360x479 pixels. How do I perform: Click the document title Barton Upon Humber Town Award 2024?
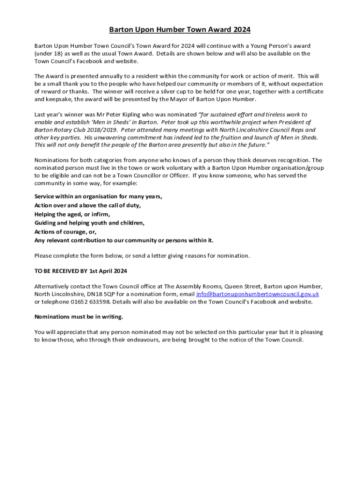point(180,30)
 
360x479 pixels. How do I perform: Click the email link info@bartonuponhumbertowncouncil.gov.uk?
point(257,294)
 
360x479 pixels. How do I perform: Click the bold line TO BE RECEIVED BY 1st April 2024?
point(80,271)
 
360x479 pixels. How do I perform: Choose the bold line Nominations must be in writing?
point(79,317)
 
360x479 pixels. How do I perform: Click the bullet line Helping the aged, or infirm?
point(72,214)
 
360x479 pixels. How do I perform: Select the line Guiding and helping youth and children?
point(89,223)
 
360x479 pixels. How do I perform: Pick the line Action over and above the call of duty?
point(87,205)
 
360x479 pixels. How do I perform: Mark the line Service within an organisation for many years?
point(98,196)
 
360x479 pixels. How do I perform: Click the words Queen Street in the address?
point(242,286)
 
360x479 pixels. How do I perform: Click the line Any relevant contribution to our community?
point(124,240)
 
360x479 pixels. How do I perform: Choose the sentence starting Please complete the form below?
point(142,255)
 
